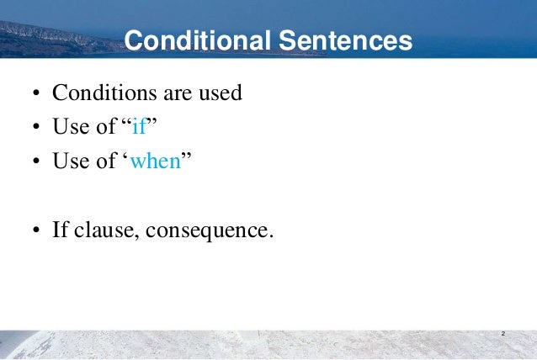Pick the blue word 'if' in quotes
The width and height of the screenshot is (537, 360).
138,127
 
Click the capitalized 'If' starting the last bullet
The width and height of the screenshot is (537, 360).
61,230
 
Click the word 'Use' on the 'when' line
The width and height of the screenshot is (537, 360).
71,161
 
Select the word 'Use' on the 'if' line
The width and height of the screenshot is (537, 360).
71,127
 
